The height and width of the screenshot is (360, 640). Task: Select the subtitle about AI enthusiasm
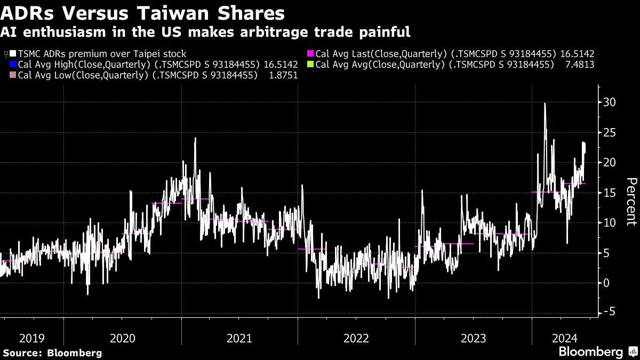[x=205, y=32]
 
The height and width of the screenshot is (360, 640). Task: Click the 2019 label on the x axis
[x=31, y=338]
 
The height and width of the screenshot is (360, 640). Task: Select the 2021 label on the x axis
[x=239, y=338]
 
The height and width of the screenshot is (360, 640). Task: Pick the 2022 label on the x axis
[x=356, y=338]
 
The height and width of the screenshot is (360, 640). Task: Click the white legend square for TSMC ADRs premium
[x=13, y=54]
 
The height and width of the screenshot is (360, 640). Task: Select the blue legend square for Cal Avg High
[x=13, y=65]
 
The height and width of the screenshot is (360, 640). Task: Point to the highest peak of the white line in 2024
[x=545, y=103]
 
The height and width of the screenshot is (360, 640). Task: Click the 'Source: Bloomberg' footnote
[x=52, y=353]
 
